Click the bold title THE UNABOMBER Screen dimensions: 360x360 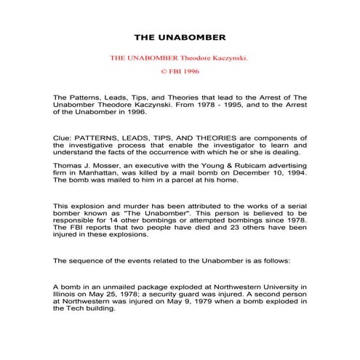(180, 36)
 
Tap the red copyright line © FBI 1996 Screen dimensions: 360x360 (180, 71)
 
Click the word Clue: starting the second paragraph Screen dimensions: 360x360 (65, 137)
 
